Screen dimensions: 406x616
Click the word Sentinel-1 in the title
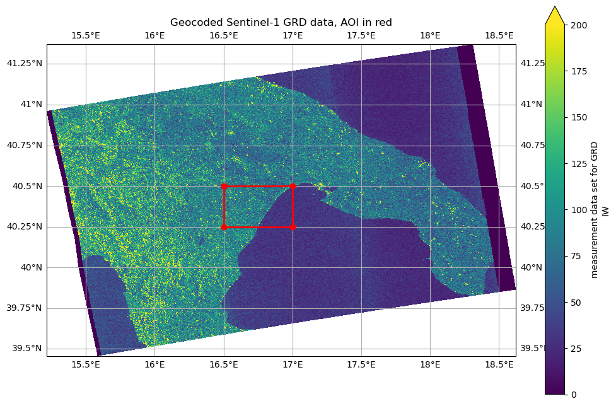pyautogui.click(x=241, y=23)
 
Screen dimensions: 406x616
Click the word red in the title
pyautogui.click(x=383, y=23)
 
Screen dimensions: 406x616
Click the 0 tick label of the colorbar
pyautogui.click(x=572, y=395)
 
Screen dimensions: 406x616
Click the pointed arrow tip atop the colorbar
pyautogui.click(x=554, y=8)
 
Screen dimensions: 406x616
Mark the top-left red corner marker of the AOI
pyautogui.click(x=224, y=186)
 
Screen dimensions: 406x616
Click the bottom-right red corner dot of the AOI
pyautogui.click(x=293, y=227)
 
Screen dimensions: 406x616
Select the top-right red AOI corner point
pyautogui.click(x=293, y=186)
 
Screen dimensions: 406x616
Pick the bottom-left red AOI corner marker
pyautogui.click(x=224, y=227)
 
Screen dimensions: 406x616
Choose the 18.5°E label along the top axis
pyautogui.click(x=499, y=35)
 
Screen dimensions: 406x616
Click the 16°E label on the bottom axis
pyautogui.click(x=155, y=365)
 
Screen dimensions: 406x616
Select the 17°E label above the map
pyautogui.click(x=293, y=35)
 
